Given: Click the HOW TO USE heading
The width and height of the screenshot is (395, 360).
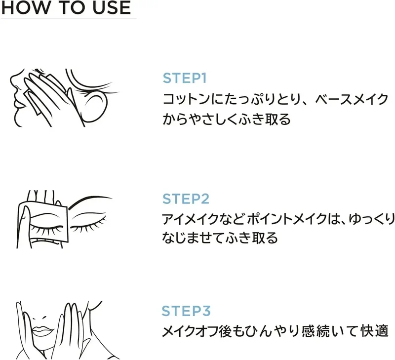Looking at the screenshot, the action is tap(66, 7).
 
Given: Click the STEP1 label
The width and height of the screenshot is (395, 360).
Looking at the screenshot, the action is tap(185, 78).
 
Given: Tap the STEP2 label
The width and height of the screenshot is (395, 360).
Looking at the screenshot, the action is tap(186, 199).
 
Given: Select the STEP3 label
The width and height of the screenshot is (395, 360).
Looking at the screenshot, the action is tap(186, 311).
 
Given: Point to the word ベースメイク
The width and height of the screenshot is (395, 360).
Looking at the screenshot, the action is tap(352, 99).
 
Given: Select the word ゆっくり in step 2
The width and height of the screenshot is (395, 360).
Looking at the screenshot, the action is tap(372, 219).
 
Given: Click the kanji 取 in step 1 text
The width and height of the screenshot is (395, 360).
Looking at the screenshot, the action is tap(273, 119).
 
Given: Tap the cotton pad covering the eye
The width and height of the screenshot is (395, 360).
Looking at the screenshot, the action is tap(43, 222).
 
